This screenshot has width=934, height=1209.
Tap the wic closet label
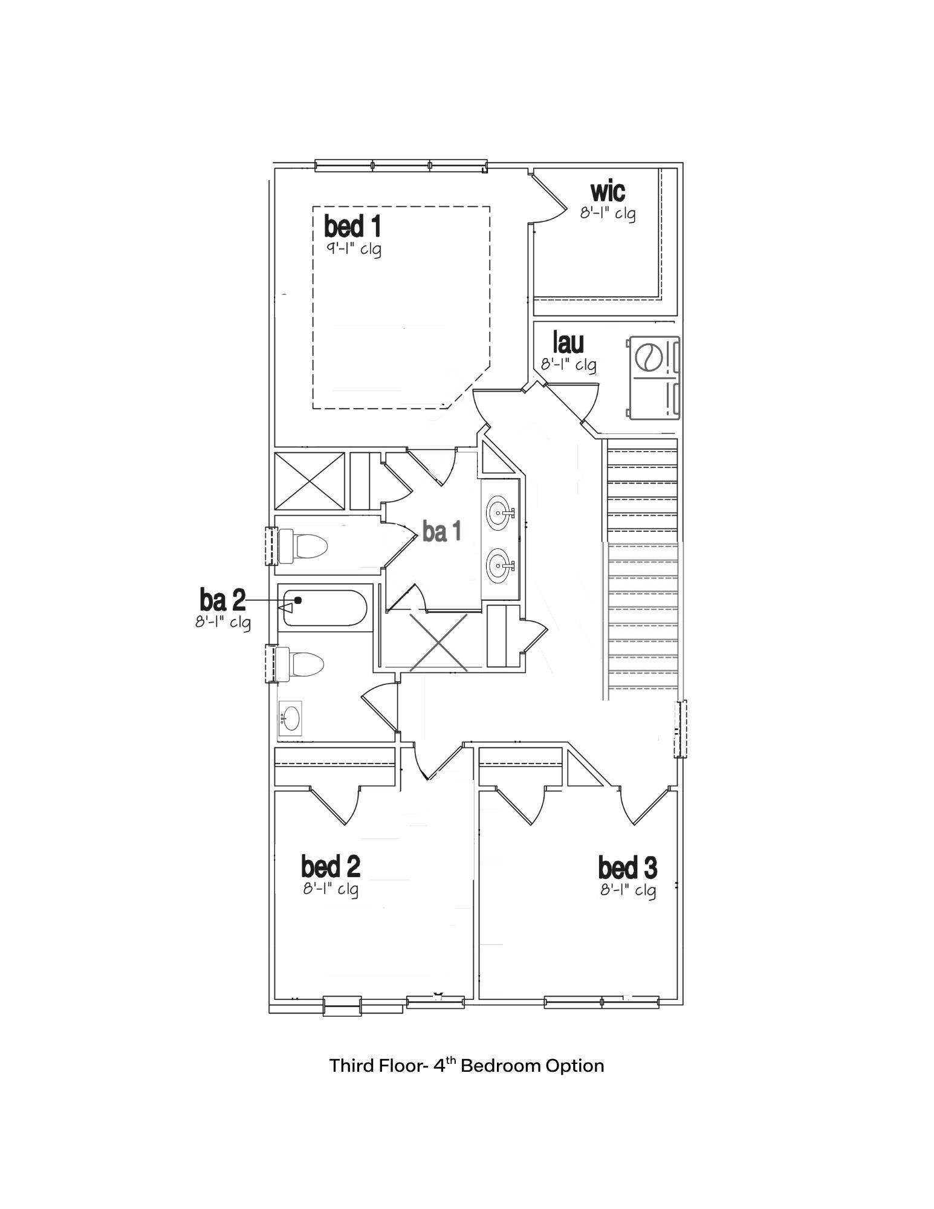608,191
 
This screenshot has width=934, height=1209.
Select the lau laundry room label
568,343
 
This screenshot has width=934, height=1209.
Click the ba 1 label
442,531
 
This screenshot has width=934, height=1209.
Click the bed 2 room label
331,866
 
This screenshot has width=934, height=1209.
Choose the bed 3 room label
628,868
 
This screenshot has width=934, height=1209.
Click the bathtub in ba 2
323,609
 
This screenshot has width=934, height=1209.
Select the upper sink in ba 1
499,513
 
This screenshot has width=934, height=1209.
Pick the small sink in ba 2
290,718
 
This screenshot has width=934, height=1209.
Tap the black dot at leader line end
298,600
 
